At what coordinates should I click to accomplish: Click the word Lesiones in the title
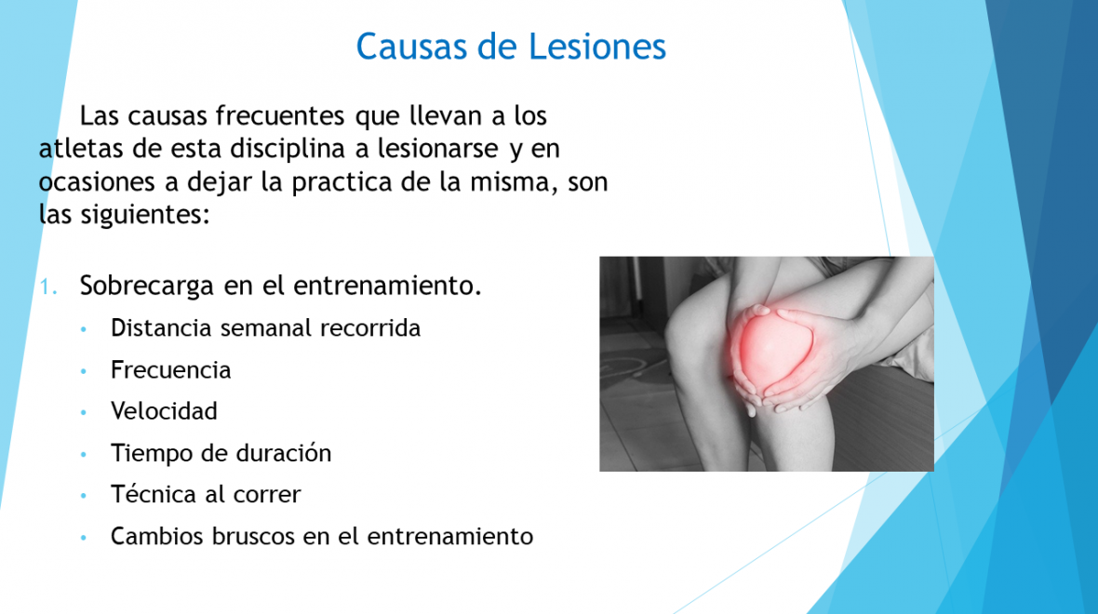coord(596,47)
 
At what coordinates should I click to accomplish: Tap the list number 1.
coord(47,287)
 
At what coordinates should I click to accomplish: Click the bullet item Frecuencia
coord(171,369)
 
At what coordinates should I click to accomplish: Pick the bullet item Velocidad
coord(164,411)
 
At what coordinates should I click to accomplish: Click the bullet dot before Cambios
coord(84,538)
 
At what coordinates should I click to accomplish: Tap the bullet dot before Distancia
coord(84,329)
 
